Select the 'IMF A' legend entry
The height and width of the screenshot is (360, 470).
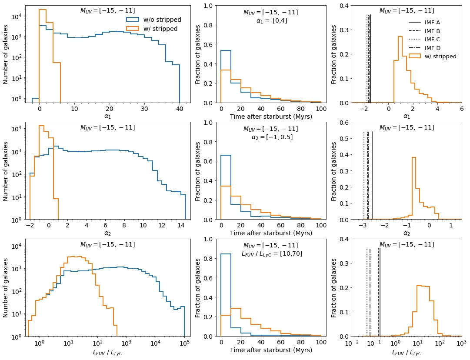coord(432,22)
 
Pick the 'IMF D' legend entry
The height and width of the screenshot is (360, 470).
coord(432,48)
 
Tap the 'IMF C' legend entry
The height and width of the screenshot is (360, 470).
coord(432,39)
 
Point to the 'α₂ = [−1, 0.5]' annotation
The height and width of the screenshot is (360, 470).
coord(272,137)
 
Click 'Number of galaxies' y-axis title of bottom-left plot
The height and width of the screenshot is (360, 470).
coord(6,287)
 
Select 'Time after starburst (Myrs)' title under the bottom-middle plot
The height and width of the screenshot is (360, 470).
coord(271,350)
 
